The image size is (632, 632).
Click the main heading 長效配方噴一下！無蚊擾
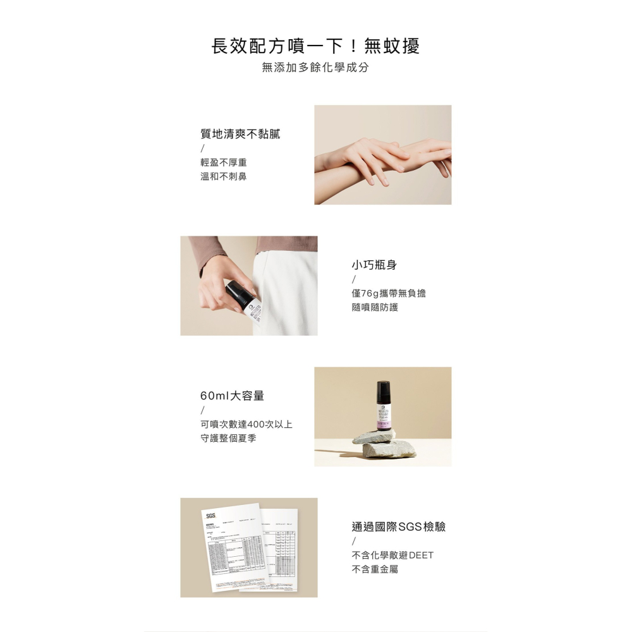coord(315,46)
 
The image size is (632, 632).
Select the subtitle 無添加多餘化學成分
coord(315,68)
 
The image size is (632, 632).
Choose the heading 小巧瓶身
coord(374,265)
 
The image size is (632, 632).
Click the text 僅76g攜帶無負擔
coord(389,293)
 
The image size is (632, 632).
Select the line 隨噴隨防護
coord(375,307)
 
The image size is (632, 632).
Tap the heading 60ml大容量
coord(232,396)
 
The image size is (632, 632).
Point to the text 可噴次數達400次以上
coord(246,424)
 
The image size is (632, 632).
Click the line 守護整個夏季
coord(228,438)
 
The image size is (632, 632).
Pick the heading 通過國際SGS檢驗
coord(398,526)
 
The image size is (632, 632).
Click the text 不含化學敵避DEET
coord(392,556)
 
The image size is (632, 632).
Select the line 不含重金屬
coord(375,569)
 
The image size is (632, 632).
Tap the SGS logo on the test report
coord(210,515)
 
